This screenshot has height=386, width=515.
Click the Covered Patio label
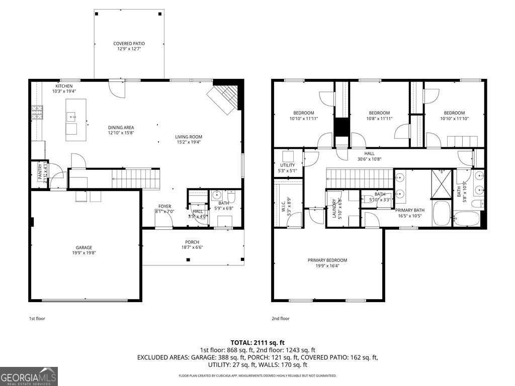pyautogui.click(x=129, y=44)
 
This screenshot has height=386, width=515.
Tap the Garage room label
pyautogui.click(x=84, y=247)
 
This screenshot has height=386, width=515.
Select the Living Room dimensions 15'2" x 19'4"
pyautogui.click(x=189, y=142)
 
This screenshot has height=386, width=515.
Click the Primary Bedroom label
pyautogui.click(x=327, y=260)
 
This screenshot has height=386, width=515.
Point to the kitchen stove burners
pyautogui.click(x=37, y=112)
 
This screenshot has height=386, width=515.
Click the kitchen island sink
pyautogui.click(x=73, y=117)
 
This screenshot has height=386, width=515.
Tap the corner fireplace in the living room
pyautogui.click(x=225, y=99)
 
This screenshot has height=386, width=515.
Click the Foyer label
pyautogui.click(x=165, y=206)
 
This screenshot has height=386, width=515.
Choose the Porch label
pyautogui.click(x=192, y=242)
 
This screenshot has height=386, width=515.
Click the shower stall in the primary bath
pyautogui.click(x=442, y=184)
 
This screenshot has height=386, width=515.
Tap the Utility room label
pyautogui.click(x=288, y=165)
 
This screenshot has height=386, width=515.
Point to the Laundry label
pyautogui.click(x=333, y=208)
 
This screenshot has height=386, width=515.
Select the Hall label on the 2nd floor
pyautogui.click(x=370, y=154)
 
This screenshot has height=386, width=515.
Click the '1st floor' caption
pyautogui.click(x=37, y=318)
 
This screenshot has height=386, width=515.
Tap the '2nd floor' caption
pyautogui.click(x=281, y=318)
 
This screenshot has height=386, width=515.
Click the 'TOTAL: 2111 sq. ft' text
pyautogui.click(x=257, y=342)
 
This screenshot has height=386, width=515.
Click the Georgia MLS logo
pyautogui.click(x=29, y=376)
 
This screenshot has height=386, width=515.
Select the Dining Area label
pyautogui.click(x=121, y=128)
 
